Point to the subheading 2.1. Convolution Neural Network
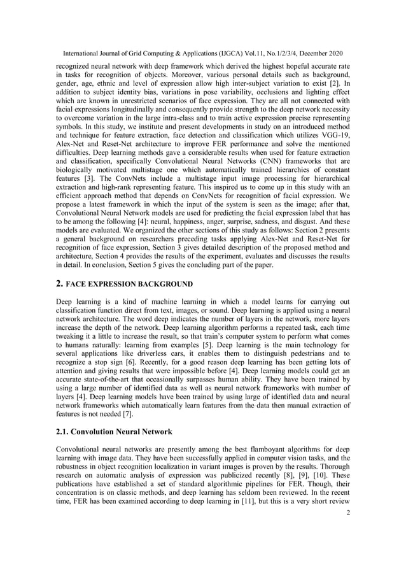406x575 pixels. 114,432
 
